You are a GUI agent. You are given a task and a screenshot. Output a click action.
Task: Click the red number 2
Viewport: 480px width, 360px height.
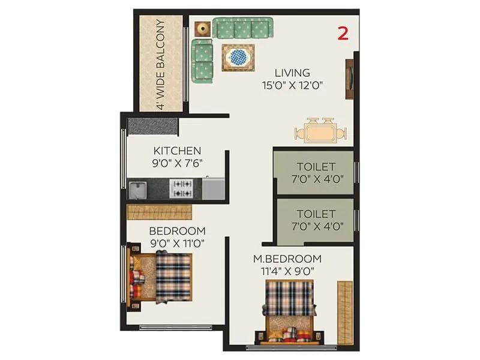coord(343,34)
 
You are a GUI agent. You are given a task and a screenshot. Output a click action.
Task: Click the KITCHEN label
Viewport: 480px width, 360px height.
coord(177,151)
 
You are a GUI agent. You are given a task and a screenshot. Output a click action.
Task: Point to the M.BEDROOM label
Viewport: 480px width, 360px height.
coord(287,259)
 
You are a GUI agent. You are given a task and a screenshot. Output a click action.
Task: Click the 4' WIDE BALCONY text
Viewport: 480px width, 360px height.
coord(161,64)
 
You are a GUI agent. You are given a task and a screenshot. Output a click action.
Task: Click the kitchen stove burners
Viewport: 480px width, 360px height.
coord(182,189)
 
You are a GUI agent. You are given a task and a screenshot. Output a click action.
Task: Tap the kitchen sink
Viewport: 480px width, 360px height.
coord(138,190)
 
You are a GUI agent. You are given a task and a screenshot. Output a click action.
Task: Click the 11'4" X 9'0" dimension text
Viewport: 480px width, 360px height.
coord(287,271)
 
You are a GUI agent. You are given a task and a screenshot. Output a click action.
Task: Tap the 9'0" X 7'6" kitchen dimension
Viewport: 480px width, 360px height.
coord(177,163)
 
